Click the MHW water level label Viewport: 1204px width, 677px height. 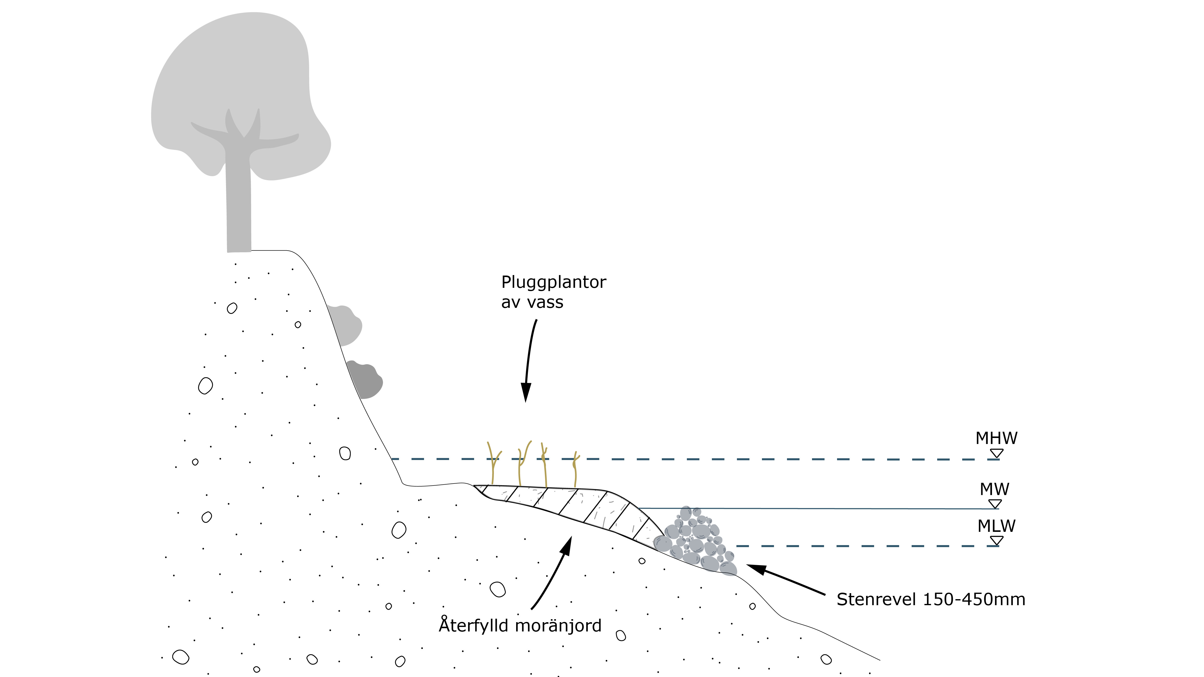click(x=996, y=438)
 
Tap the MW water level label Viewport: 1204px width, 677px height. click(x=994, y=489)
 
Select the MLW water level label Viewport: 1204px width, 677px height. click(x=996, y=526)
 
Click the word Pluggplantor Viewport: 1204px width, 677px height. click(x=553, y=282)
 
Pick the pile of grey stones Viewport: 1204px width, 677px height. click(x=696, y=542)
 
